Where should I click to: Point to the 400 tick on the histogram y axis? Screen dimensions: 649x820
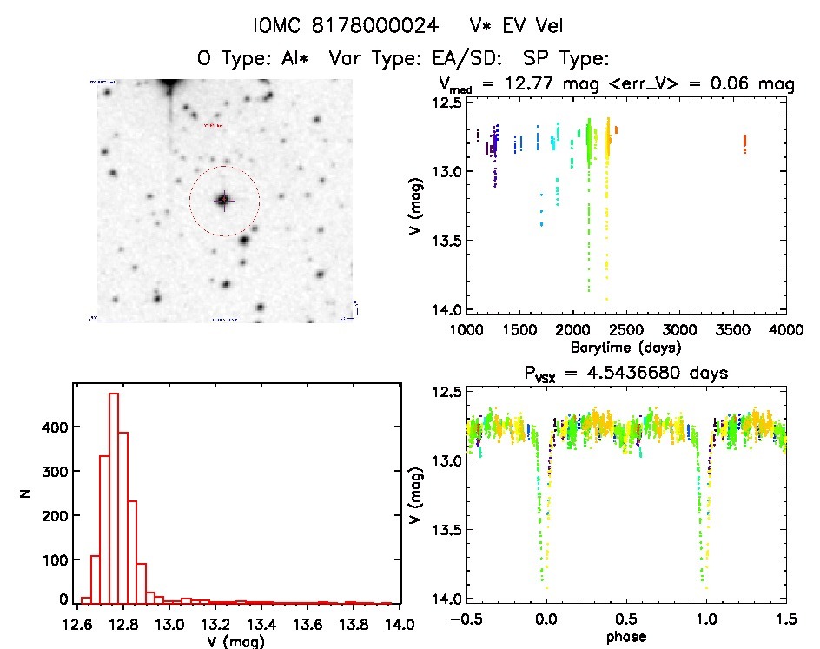[x=55, y=427]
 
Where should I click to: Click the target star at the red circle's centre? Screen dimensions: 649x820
[x=223, y=200]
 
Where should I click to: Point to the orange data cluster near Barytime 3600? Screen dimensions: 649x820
[x=745, y=143]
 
